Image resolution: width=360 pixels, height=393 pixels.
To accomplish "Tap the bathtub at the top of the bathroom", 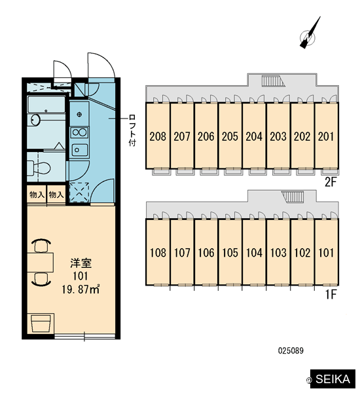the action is (46, 105).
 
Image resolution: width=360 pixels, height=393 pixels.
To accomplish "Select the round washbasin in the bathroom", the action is (35, 120).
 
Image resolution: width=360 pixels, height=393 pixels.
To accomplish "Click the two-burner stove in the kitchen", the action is (79, 132).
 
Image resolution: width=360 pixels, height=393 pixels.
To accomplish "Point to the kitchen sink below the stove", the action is (79, 149).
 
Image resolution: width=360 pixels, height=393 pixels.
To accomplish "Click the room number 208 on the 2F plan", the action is (158, 137).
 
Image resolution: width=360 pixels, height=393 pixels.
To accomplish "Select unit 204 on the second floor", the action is (254, 137).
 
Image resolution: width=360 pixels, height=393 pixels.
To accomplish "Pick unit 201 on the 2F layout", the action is (326, 137).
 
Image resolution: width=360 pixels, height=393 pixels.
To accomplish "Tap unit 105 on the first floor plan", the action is (230, 253).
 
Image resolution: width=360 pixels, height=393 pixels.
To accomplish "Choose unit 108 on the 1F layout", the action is (158, 253).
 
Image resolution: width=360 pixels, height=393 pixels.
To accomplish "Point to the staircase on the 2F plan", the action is (274, 81).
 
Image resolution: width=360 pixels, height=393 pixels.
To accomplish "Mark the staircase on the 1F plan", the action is (293, 196).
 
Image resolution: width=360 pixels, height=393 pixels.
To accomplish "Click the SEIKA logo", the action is (333, 379).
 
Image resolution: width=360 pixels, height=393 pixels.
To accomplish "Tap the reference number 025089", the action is (291, 350).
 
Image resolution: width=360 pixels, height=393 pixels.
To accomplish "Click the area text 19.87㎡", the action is (81, 290).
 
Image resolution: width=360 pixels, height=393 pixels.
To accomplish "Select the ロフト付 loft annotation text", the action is (132, 130).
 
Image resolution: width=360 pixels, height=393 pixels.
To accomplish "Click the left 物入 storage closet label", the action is (37, 195).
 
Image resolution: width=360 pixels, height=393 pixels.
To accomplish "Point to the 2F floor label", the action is (330, 182).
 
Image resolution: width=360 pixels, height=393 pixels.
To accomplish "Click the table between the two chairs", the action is (41, 263).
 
